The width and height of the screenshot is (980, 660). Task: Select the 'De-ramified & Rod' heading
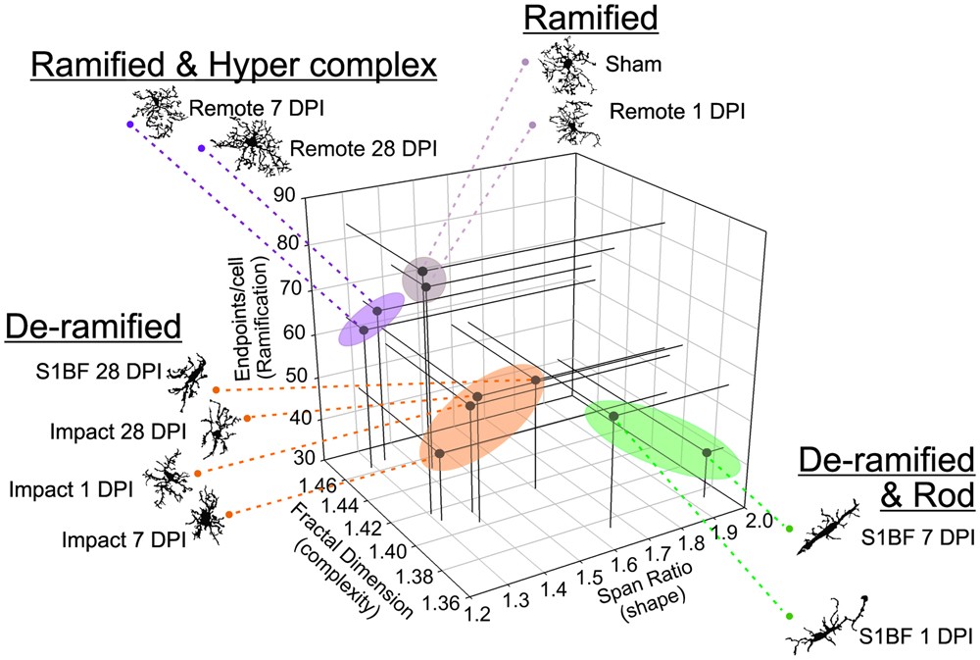click(x=888, y=478)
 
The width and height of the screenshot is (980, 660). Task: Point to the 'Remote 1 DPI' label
click(x=677, y=111)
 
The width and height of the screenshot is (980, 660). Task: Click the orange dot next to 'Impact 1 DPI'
click(x=198, y=474)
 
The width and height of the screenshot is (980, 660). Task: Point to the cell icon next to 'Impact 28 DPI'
click(x=217, y=430)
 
